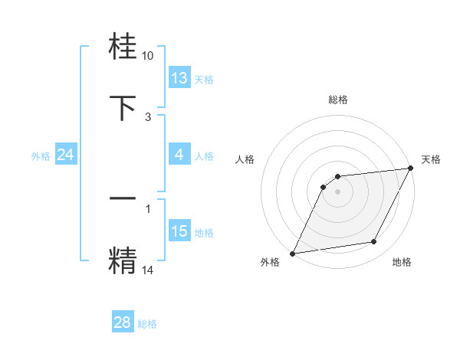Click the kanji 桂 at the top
[x=123, y=47]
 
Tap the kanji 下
[x=123, y=106]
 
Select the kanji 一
[x=123, y=198]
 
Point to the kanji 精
[x=123, y=258]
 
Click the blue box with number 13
[x=179, y=78]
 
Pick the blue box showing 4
[x=179, y=155]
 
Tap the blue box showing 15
[x=179, y=231]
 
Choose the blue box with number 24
[x=66, y=155]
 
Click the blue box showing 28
[x=123, y=322]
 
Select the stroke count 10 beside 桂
[x=148, y=56]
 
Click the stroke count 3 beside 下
[x=148, y=117]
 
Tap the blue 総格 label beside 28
[x=147, y=324]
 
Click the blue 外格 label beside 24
[x=41, y=156]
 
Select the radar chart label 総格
[x=337, y=100]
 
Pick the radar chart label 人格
[x=245, y=159]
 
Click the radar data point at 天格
[x=410, y=169]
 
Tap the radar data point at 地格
[x=374, y=242]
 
